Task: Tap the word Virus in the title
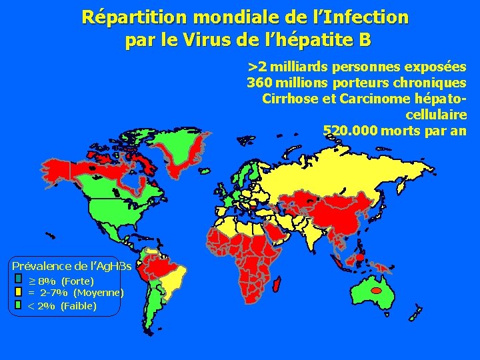click(x=199, y=41)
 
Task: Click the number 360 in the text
click(x=260, y=83)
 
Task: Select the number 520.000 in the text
click(x=350, y=131)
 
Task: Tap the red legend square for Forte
click(x=19, y=279)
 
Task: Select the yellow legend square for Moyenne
click(x=19, y=291)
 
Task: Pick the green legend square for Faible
click(x=19, y=305)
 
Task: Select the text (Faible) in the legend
click(x=79, y=306)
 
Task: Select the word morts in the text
click(x=401, y=131)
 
